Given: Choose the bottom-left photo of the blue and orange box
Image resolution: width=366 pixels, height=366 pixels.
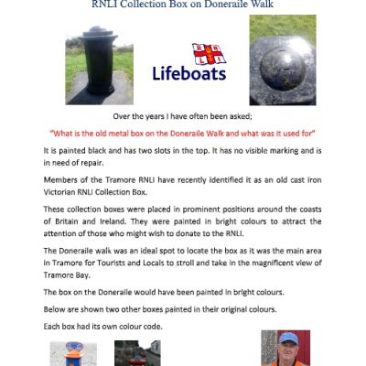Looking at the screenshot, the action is tap(72, 354).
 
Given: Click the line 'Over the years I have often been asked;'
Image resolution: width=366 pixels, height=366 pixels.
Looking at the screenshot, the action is tap(182, 117).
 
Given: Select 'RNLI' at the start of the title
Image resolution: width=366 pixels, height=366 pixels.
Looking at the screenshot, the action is tap(106, 4).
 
